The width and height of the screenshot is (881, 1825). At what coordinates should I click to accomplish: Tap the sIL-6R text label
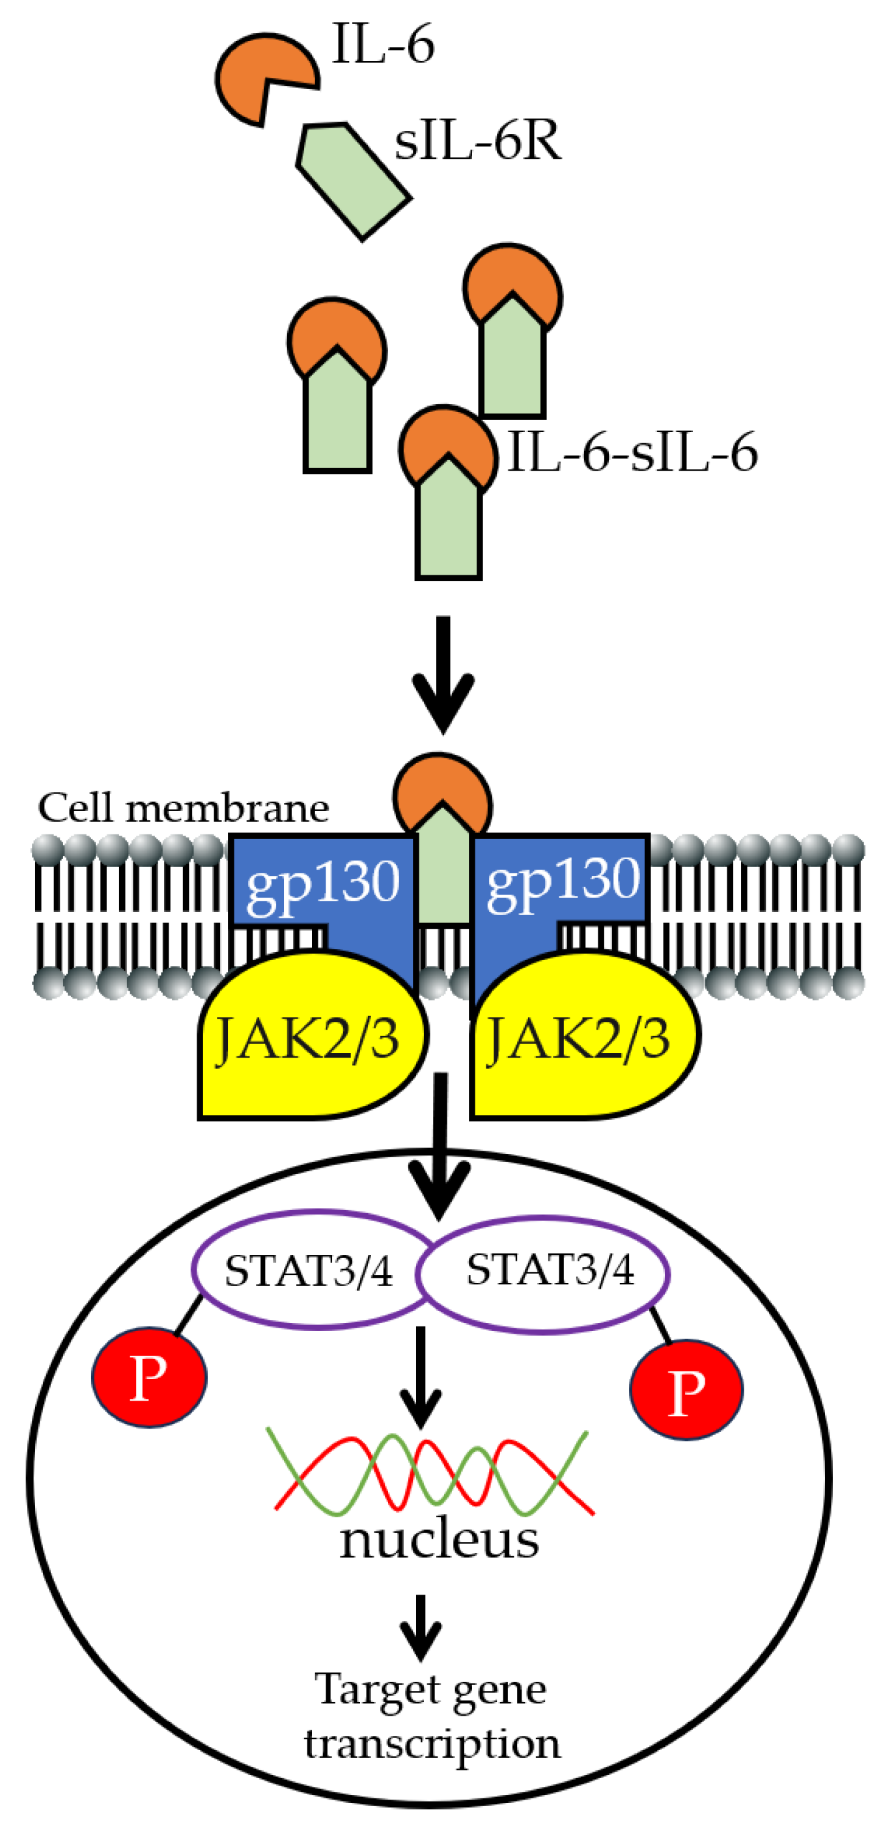478,141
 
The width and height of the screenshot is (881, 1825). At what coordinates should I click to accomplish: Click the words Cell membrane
184,808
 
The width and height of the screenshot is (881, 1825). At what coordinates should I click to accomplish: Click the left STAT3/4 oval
308,1271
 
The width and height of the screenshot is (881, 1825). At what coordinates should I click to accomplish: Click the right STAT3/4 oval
550,1270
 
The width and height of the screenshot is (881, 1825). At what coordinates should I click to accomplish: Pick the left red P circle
150,1378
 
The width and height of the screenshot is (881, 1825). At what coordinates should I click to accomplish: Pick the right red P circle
686,1391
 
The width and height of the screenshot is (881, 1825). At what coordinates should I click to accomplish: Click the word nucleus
439,1541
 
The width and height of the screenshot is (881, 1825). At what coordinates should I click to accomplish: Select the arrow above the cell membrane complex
443,673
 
